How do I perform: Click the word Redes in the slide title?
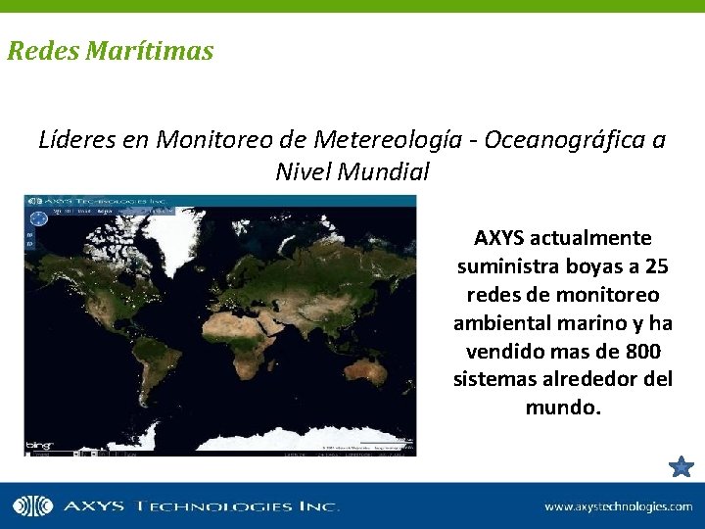coord(43,51)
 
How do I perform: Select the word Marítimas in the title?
coord(149,51)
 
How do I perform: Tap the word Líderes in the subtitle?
coord(77,140)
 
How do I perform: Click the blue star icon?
coord(681,466)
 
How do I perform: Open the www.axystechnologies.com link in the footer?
coord(618,506)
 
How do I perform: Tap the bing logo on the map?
coord(39,445)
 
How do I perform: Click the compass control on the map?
coord(36,218)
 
